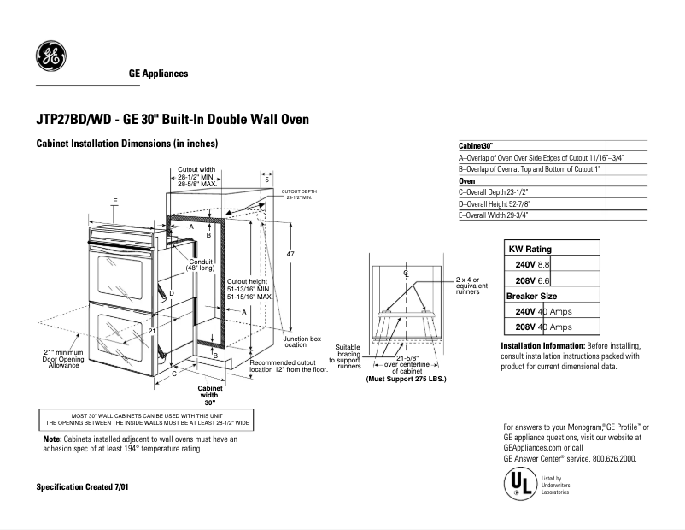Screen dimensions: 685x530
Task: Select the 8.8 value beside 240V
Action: (543, 265)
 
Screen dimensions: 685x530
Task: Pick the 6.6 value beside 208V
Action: (543, 280)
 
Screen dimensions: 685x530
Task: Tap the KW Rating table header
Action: (530, 249)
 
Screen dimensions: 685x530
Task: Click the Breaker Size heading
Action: (531, 295)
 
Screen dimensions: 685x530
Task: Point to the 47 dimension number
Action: (290, 256)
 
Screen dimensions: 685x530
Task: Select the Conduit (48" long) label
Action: (201, 265)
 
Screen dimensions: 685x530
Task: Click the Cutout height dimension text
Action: (249, 289)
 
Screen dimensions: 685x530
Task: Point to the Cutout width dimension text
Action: (196, 177)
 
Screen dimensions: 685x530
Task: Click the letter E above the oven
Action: (114, 200)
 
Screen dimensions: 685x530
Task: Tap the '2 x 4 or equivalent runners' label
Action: (468, 284)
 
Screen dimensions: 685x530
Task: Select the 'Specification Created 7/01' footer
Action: (82, 486)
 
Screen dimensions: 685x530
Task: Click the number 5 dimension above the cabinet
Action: (266, 180)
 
